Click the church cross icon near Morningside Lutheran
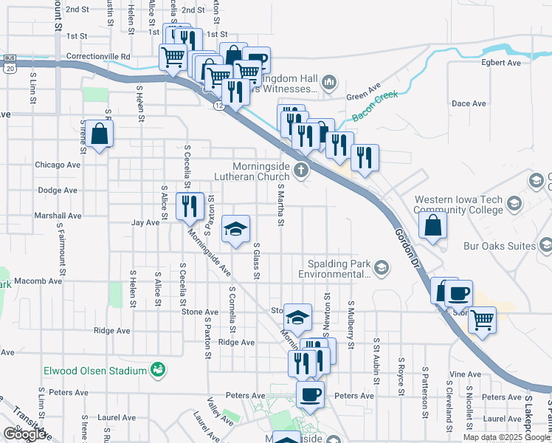[300, 171]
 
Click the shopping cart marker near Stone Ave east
[482, 320]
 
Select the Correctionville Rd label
[98, 55]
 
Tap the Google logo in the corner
[24, 433]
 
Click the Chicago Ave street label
[57, 165]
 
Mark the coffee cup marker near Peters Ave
[310, 394]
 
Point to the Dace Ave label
[469, 103]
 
